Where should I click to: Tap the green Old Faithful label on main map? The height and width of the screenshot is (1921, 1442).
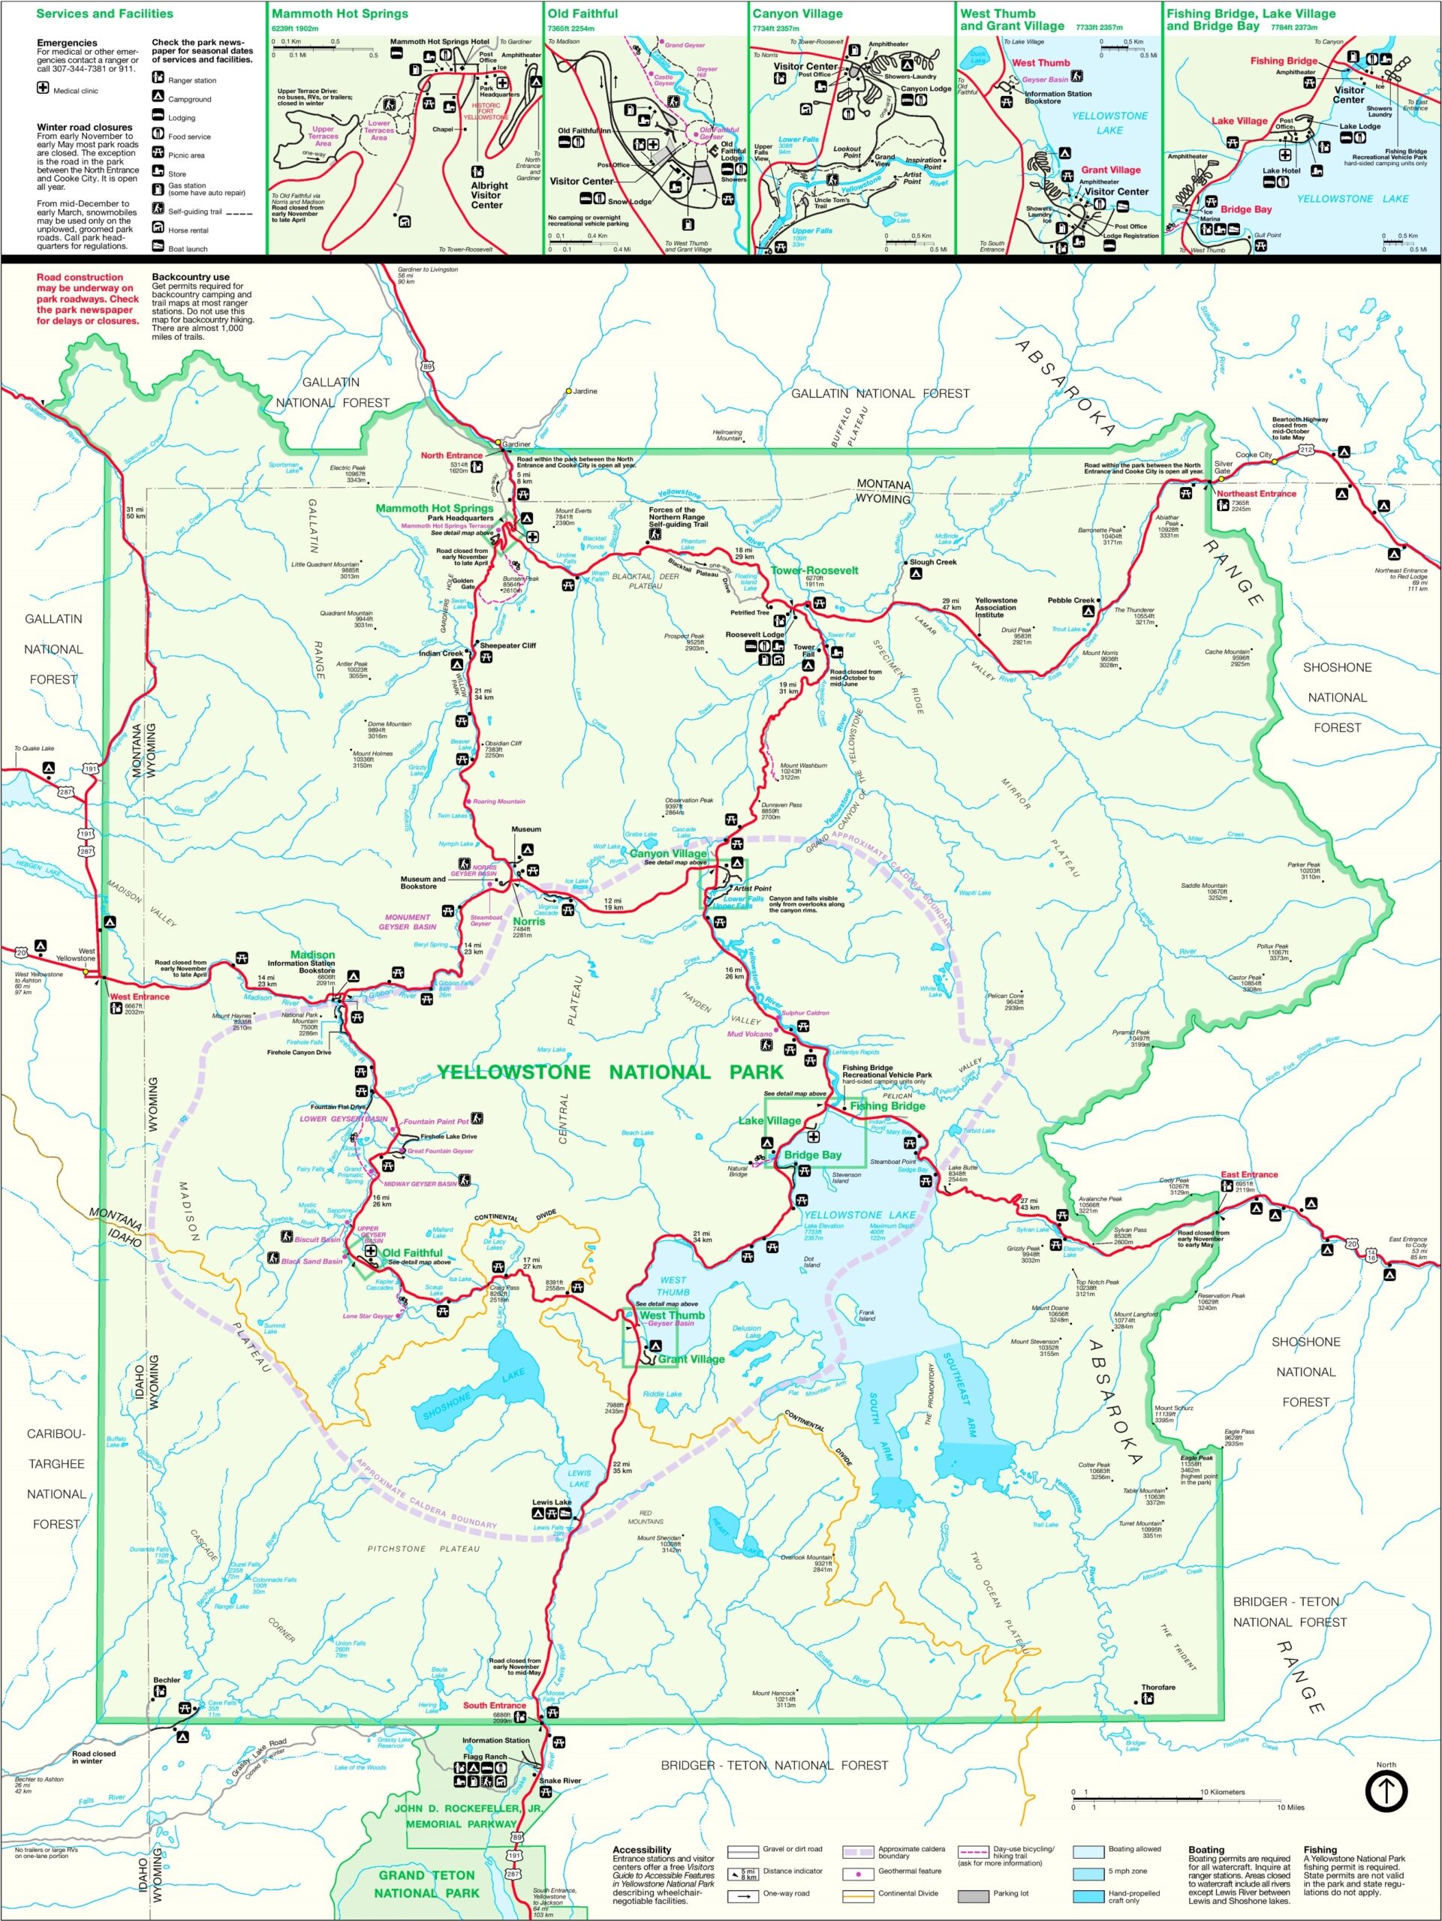coord(412,1252)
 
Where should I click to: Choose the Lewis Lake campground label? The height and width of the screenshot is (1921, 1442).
coord(552,1502)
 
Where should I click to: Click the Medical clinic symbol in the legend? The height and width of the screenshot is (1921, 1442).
coord(44,89)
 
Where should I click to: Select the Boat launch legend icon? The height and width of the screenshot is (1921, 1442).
coord(158,247)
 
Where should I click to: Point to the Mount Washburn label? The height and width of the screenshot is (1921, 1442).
coord(802,766)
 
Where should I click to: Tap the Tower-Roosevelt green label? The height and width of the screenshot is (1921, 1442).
coord(814,570)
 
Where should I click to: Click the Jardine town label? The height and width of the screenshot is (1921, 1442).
coord(585,391)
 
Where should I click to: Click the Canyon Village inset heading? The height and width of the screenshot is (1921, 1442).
coord(796,14)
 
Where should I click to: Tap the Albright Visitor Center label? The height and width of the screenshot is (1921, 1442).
coord(489,194)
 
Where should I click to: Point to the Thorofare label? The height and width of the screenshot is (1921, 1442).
coord(1158,1688)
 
